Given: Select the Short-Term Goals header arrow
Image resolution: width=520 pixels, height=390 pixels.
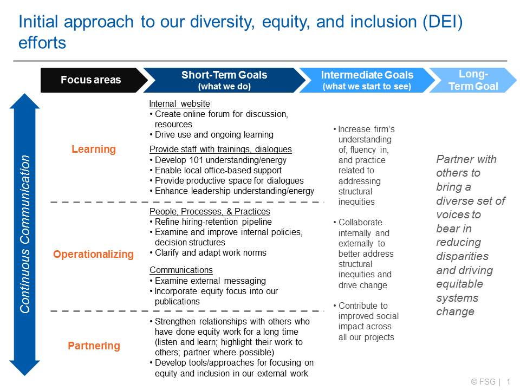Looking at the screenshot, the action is pyautogui.click(x=224, y=80).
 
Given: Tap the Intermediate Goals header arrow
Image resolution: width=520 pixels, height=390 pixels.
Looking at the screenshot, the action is pyautogui.click(x=367, y=80).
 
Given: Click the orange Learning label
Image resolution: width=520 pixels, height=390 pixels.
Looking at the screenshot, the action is pyautogui.click(x=94, y=149).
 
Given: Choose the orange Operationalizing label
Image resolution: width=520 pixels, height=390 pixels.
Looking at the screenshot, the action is pyautogui.click(x=93, y=255).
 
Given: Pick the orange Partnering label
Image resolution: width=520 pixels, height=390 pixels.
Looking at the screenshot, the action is pyautogui.click(x=94, y=346).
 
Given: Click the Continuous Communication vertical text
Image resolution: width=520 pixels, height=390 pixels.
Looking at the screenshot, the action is pyautogui.click(x=25, y=234).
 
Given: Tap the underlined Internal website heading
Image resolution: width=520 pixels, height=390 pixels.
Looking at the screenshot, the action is pyautogui.click(x=179, y=104).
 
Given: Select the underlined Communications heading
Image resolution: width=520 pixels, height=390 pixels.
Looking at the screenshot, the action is pyautogui.click(x=181, y=270).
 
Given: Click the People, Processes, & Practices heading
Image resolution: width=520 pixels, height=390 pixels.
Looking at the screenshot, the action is pyautogui.click(x=210, y=211).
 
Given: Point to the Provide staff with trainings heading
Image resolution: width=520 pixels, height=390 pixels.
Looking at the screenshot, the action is pyautogui.click(x=220, y=149).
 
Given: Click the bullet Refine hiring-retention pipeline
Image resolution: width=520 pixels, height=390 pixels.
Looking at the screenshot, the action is pyautogui.click(x=211, y=222).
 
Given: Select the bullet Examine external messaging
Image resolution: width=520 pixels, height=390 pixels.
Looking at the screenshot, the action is pyautogui.click(x=207, y=281).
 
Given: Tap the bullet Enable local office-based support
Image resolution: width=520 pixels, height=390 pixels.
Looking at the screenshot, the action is pyautogui.click(x=216, y=171).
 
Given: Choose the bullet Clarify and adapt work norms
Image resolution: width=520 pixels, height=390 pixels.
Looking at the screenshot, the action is pyautogui.click(x=208, y=253).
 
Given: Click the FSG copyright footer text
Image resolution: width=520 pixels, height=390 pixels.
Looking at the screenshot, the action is pyautogui.click(x=483, y=382).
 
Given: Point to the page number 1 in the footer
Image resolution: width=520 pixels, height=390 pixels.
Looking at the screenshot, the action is pyautogui.click(x=509, y=382).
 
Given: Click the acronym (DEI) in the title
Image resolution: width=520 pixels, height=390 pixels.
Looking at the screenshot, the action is pyautogui.click(x=443, y=22).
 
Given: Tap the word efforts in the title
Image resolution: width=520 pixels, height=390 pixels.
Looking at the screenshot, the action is pyautogui.click(x=42, y=43).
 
